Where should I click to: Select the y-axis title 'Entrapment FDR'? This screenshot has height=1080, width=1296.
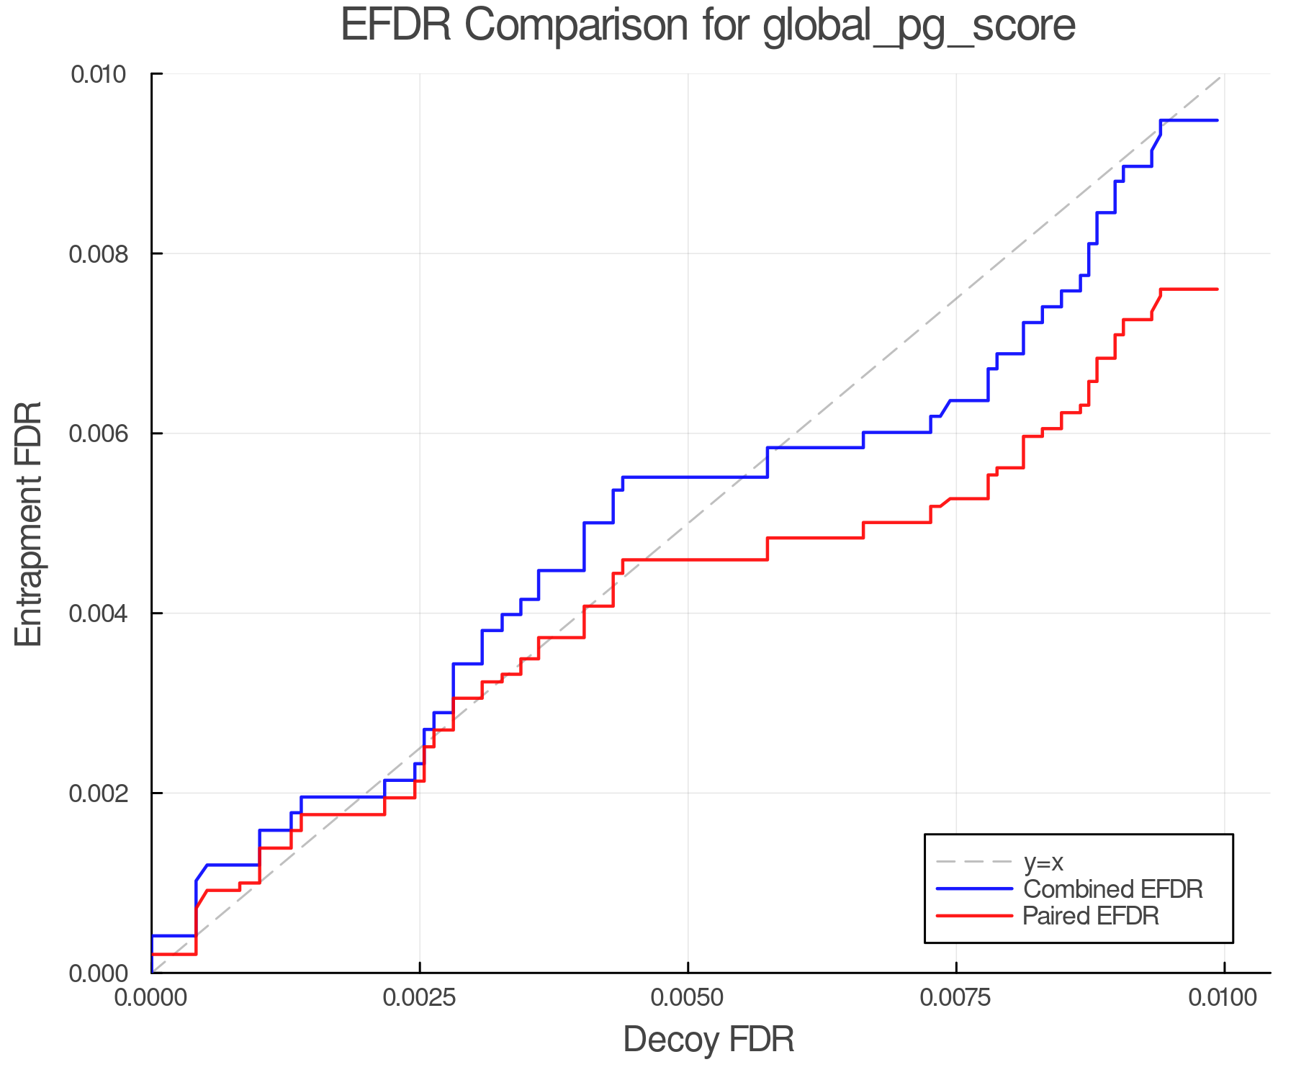(29, 523)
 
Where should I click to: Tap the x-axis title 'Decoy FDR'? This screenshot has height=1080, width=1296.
(708, 1040)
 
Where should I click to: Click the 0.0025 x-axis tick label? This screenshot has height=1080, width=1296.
(419, 997)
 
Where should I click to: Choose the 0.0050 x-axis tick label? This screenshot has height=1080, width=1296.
(688, 997)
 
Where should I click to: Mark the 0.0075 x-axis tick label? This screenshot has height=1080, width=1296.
(956, 997)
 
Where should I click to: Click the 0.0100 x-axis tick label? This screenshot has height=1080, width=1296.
(1223, 997)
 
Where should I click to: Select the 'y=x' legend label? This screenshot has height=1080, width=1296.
(1043, 862)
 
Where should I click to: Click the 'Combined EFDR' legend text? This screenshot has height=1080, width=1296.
(1112, 889)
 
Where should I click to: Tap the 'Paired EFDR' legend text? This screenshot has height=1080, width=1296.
(1091, 916)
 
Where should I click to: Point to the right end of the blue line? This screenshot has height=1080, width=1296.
(1217, 120)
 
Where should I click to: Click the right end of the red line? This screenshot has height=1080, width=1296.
(1217, 289)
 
